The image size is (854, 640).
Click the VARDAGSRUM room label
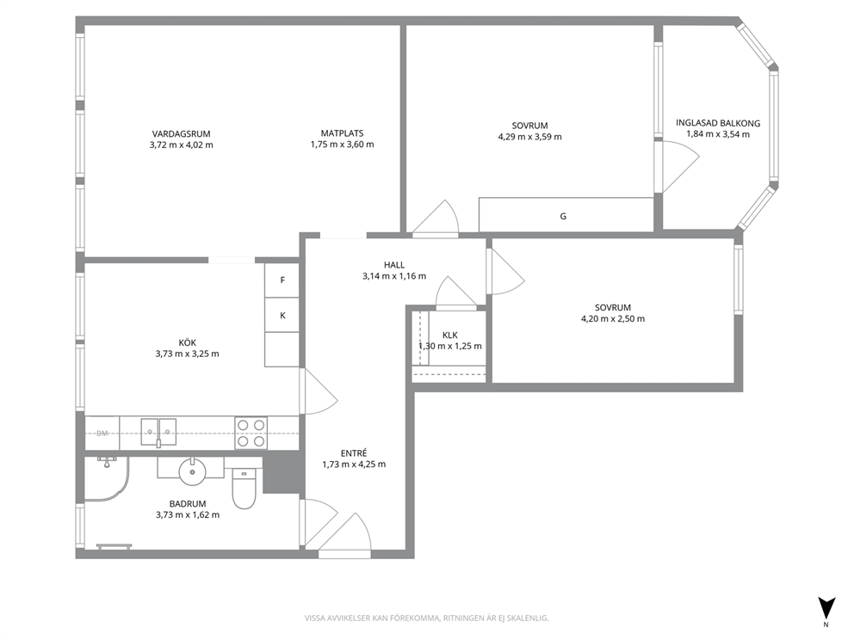(181, 134)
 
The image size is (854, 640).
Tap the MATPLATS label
(342, 133)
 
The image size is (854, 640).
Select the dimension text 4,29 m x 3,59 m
(530, 137)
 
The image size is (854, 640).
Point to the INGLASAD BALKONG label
(718, 123)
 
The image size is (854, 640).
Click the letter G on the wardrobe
(563, 216)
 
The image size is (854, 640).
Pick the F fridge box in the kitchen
(282, 280)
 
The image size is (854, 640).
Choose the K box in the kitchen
(282, 315)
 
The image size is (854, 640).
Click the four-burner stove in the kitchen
(251, 434)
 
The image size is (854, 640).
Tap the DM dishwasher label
(102, 434)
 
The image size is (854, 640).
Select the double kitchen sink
(158, 432)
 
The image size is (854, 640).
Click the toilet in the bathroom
(244, 489)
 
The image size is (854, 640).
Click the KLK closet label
(450, 335)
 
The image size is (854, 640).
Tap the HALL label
(394, 265)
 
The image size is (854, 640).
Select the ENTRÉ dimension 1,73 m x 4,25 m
(354, 465)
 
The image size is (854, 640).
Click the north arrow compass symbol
(826, 606)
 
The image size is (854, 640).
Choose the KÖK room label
(188, 343)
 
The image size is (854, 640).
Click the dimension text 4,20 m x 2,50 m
(613, 319)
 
